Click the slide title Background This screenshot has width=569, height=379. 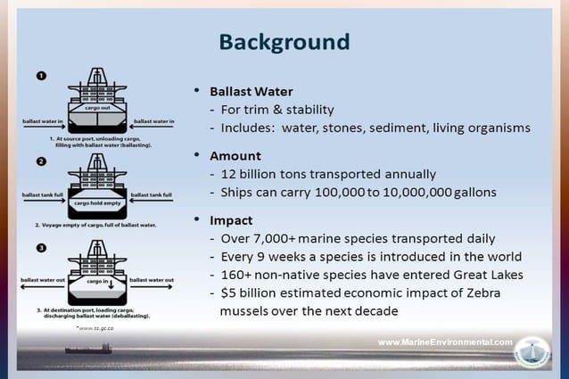coord(284,42)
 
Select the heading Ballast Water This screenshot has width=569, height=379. coord(252,92)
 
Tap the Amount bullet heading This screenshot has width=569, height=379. coord(235,155)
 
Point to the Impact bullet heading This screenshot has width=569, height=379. coord(231,219)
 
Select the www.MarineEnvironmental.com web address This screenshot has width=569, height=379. coord(445,342)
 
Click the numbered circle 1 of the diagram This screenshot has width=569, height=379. coord(41,77)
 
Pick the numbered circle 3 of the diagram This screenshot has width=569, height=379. coord(41,247)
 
